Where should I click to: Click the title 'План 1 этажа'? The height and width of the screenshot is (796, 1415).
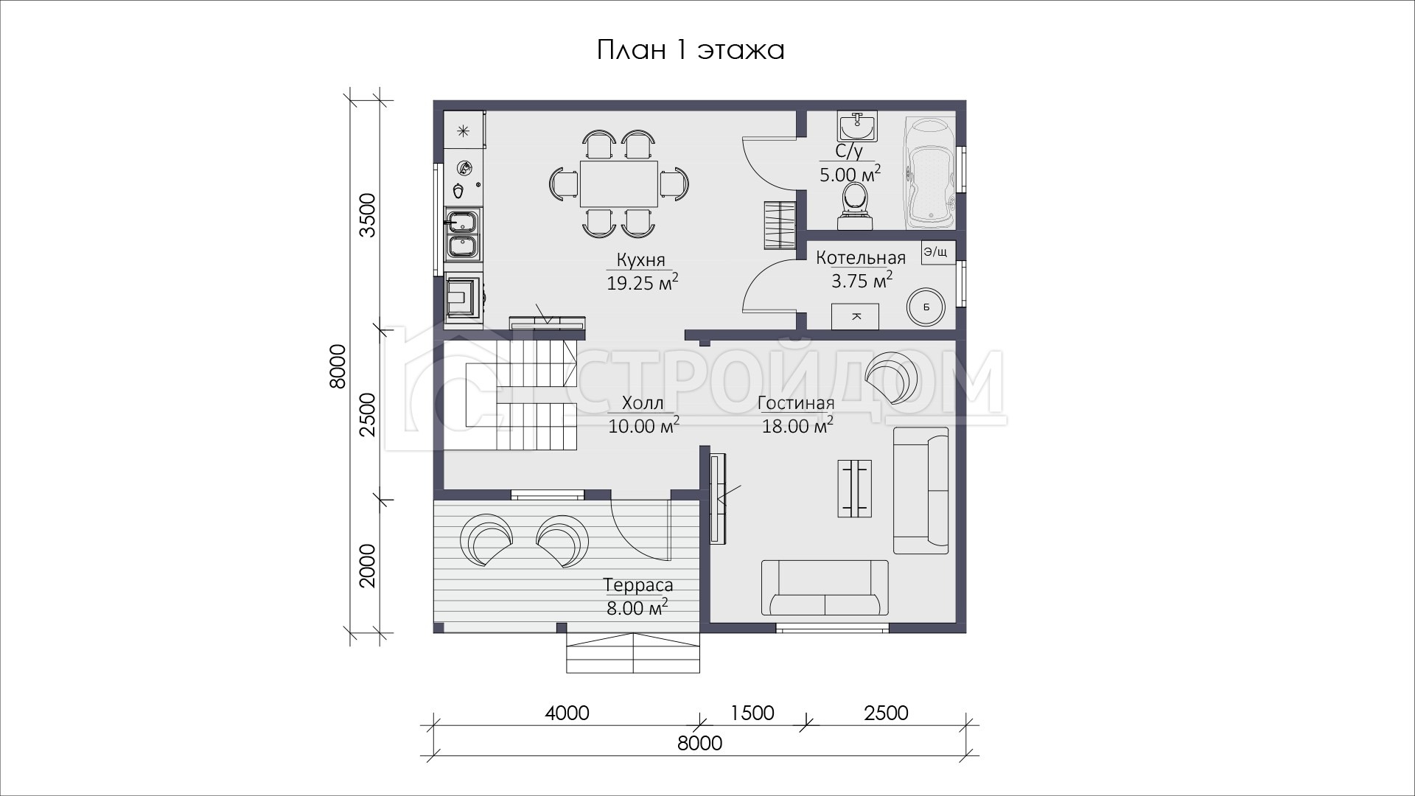coord(690,50)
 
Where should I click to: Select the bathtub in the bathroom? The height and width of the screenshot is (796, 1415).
coord(930,171)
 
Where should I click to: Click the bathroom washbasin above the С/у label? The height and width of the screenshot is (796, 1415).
coord(856,127)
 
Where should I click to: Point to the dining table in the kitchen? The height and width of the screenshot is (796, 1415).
coord(619,184)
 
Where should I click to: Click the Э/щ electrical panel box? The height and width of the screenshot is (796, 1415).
coord(937,252)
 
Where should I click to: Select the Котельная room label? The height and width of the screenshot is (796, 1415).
coord(861,259)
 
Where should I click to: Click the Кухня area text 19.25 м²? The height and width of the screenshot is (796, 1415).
coord(642,283)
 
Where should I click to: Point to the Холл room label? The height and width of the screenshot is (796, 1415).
coord(643,403)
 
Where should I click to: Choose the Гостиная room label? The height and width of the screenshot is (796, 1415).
coord(796,403)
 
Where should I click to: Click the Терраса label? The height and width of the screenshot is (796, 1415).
coord(638,586)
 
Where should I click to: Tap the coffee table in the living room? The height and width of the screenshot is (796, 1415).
coord(855,488)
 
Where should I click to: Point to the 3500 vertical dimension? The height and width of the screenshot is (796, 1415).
coord(367,214)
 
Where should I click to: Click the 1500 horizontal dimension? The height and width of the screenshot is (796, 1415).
coord(752,713)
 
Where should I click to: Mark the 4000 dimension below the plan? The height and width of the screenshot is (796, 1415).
coord(567,713)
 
